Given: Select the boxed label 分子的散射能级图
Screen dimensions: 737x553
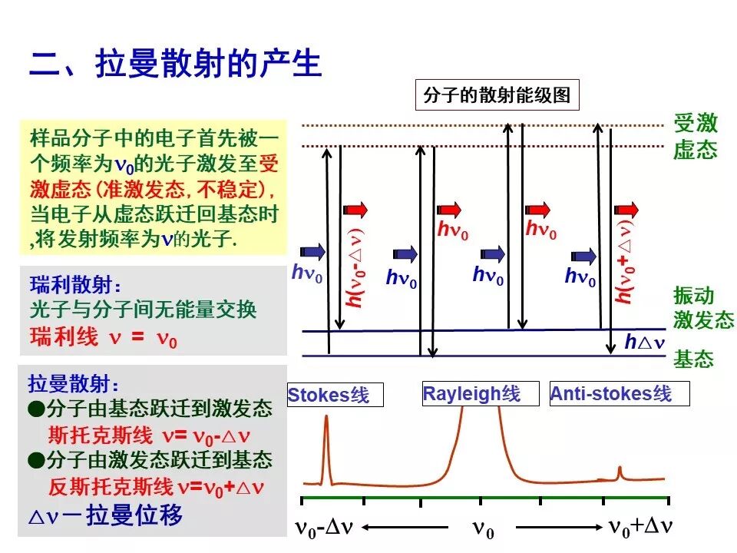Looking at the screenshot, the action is [497, 96].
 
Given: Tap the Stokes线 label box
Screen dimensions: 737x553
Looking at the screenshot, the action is [329, 395].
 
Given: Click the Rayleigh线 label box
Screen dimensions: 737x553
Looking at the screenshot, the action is [471, 394].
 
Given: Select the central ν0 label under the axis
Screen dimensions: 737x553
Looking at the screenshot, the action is [482, 529].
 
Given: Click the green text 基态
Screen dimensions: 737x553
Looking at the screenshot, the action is [694, 359].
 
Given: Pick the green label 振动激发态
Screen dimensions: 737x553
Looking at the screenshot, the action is [703, 308].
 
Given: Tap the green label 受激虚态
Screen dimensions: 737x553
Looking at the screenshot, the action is [696, 135].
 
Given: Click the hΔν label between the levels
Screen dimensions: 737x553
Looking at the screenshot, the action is [643, 342].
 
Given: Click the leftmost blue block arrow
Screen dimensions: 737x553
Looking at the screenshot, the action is [313, 251].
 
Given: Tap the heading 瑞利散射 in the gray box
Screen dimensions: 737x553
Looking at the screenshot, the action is [75, 286].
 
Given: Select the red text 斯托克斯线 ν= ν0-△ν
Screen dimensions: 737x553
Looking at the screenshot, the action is [149, 436].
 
